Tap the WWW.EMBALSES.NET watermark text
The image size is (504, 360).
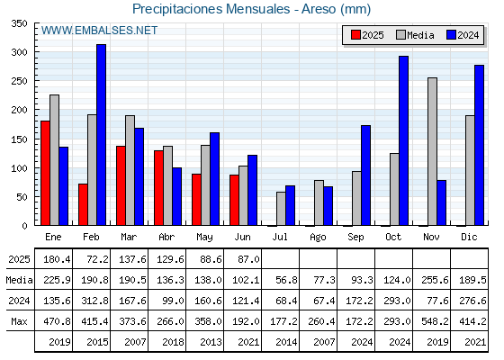pyautogui.click(x=99, y=31)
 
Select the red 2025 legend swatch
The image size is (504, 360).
pyautogui.click(x=355, y=35)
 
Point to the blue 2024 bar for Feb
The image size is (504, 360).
pyautogui.click(x=101, y=135)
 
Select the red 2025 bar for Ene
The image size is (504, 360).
pyautogui.click(x=45, y=173)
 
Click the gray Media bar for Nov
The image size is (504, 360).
pyautogui.click(x=432, y=151)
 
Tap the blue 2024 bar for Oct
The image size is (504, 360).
pyautogui.click(x=404, y=140)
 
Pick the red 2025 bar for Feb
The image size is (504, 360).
pyautogui.click(x=83, y=204)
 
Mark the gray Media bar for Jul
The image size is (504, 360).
pyautogui.click(x=281, y=209)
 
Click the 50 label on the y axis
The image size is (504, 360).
pyautogui.click(x=22, y=197)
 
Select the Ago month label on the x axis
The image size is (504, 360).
pyautogui.click(x=318, y=238)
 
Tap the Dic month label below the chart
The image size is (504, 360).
pyautogui.click(x=469, y=237)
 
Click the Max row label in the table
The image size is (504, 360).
pyautogui.click(x=19, y=321)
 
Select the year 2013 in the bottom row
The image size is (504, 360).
pyautogui.click(x=211, y=342)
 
